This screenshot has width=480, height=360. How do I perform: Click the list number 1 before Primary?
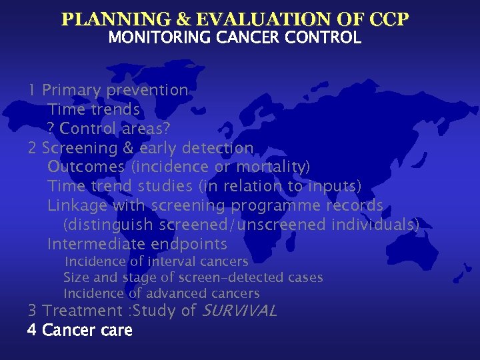[32, 90]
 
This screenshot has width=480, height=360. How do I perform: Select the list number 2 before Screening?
[32, 148]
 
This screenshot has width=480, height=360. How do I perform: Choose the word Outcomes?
[86, 167]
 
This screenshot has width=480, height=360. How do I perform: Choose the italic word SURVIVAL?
[239, 311]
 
